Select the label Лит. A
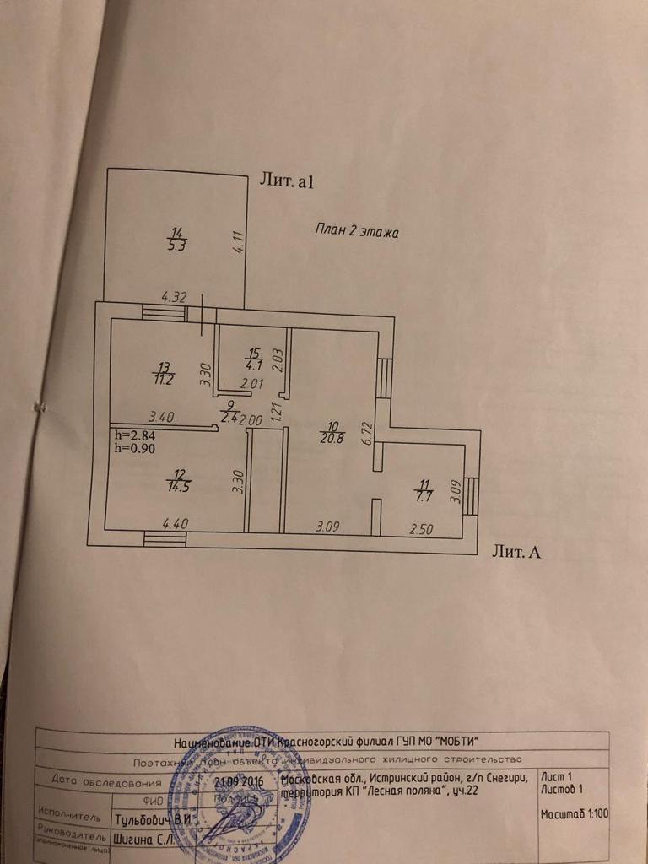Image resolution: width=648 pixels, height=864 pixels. tap(516, 553)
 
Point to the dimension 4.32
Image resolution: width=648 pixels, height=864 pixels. tap(173, 296)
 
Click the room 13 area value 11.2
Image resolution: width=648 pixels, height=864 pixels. tap(164, 378)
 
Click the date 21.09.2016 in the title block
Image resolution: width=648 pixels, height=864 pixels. tap(240, 782)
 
